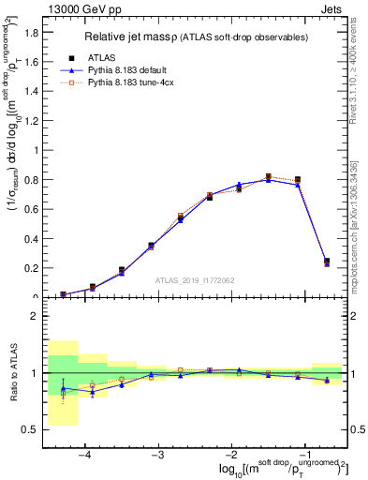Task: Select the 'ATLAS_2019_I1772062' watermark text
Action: [x=196, y=279]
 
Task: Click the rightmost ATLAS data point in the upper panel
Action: [x=326, y=262]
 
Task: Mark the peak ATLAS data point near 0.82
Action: [x=268, y=176]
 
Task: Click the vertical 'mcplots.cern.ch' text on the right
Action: [x=357, y=234]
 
